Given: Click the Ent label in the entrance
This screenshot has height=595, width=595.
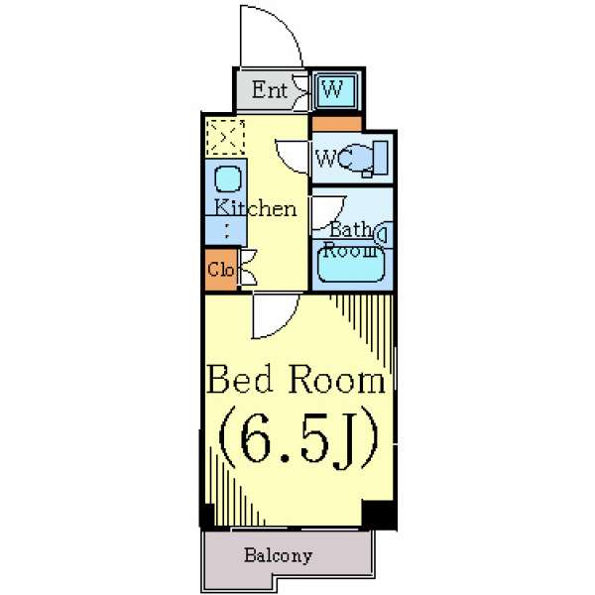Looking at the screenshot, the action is pos(269,90).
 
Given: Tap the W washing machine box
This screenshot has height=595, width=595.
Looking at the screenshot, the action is pos(335,90).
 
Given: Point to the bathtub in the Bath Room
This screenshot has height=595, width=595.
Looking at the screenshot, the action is pos(351,264).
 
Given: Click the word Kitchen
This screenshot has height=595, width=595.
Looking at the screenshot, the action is pos(256,208).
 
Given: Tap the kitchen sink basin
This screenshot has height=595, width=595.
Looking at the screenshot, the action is pos(228,178).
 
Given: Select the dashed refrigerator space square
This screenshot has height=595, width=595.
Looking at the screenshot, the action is pos(225,137).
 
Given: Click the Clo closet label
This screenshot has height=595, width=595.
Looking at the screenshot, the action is pos(220,270).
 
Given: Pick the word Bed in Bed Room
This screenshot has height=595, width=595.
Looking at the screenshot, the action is pos(239,379).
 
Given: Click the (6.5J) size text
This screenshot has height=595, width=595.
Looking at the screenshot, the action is pos(298,438).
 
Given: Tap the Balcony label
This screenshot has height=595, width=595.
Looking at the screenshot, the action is pos(278,555).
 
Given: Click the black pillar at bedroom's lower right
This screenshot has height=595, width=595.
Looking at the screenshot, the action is pos(379,515).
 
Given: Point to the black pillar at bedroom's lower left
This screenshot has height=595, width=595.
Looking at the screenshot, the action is pos(207,516).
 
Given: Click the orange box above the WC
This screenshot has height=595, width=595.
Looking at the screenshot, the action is pos(336,124).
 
